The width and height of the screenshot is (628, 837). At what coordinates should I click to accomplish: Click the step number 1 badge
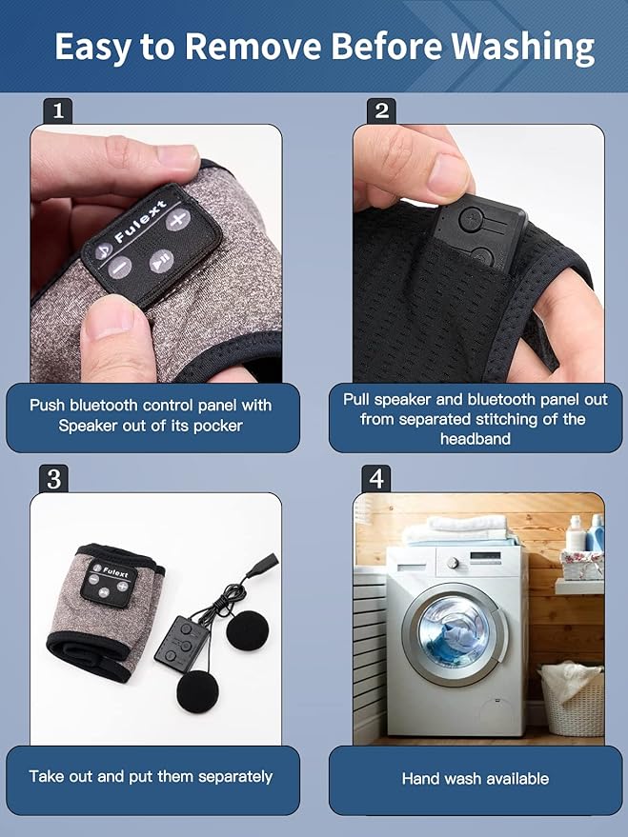coord(57,110)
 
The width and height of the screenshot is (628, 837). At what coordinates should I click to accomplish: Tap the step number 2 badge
coord(381,110)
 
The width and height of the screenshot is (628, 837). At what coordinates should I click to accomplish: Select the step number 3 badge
coord(53,478)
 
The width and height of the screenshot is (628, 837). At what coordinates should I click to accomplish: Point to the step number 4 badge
coord(376,478)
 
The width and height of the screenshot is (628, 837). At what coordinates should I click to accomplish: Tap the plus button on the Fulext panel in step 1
coord(178,219)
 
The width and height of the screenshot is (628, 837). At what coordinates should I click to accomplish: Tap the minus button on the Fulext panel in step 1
coord(121,267)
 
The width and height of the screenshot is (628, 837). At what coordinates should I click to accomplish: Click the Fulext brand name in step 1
coord(140,222)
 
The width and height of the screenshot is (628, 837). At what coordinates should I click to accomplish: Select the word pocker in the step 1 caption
coord(218,426)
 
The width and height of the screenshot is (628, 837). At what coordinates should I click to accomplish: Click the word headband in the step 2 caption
coord(476,439)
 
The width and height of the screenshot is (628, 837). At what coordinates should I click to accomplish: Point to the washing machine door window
coord(454,632)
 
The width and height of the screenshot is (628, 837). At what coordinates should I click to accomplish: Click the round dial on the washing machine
coord(453,563)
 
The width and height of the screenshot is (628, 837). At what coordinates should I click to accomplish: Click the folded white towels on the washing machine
coord(459,530)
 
